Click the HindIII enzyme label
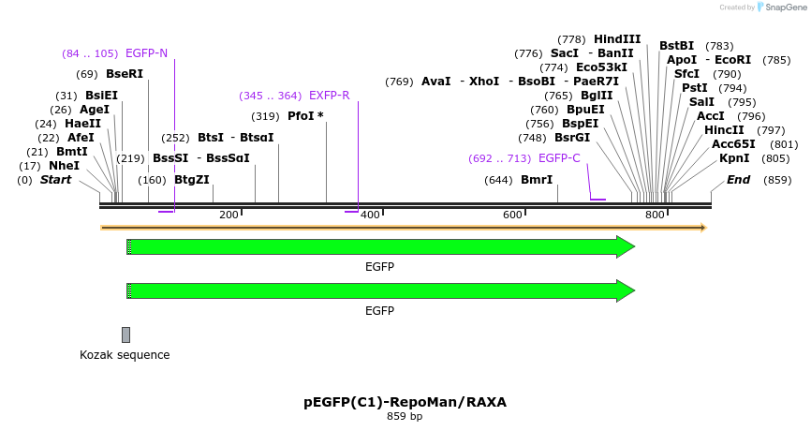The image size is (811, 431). point(617,39)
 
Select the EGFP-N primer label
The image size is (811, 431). point(146,53)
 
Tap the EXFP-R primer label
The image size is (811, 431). point(329,96)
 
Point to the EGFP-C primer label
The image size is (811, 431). point(559,158)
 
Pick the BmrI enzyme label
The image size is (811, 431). point(537,180)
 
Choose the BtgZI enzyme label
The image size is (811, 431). point(192,180)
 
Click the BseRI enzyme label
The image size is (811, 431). point(125,74)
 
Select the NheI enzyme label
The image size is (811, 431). point(64,166)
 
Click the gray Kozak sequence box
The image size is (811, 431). point(125,334)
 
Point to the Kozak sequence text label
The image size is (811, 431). point(125,355)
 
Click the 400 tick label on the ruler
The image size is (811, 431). point(370,215)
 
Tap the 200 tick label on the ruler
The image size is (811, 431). point(229,215)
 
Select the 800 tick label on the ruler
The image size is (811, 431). point(655,215)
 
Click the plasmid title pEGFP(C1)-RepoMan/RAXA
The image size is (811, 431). point(405,402)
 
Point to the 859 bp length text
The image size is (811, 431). point(405,416)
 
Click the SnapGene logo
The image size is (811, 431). point(783,7)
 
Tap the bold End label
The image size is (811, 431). point(738,180)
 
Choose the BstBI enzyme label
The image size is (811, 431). point(676,46)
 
